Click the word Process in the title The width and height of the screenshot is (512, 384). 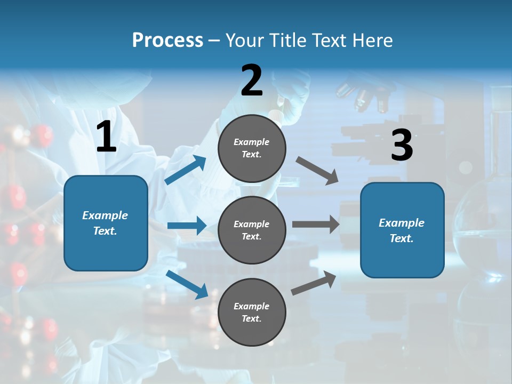pos(167,41)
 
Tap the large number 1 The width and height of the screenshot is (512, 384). pos(106,138)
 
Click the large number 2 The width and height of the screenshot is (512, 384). pos(252,81)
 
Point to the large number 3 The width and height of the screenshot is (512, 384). pos(402,146)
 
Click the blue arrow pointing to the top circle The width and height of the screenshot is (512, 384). pos(186,170)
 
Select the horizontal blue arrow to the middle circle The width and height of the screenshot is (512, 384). pos(187,226)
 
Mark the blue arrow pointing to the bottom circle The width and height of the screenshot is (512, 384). pos(187,284)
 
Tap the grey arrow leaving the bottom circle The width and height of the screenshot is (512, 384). pos(314,283)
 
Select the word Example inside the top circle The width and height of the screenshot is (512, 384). pos(252,142)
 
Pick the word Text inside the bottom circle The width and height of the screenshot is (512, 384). pos(251,318)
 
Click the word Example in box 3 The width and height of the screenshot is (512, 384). pos(402,223)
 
